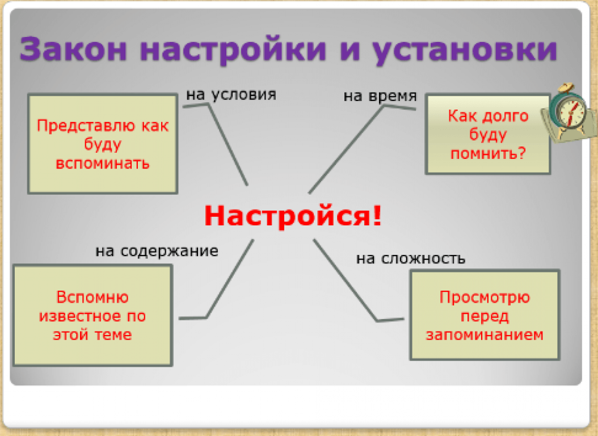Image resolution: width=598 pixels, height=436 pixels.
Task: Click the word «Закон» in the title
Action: point(73,49)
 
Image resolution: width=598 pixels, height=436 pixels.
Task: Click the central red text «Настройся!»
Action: point(293,216)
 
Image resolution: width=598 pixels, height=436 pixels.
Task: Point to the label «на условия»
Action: point(231,95)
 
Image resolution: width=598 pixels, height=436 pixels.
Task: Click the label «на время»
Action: point(380,96)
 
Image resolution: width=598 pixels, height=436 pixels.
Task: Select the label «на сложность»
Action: point(411,259)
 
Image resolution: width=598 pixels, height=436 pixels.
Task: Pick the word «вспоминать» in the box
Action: point(103,163)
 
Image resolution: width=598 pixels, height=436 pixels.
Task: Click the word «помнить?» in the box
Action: point(488,153)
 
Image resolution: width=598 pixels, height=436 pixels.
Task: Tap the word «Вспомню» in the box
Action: point(92,297)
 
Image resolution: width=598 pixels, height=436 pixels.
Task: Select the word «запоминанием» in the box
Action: point(485,335)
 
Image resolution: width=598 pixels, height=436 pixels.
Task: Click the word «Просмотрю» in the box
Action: point(485,297)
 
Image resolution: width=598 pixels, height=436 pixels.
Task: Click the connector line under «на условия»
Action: point(228,145)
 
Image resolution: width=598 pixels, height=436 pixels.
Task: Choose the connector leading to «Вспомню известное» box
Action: point(229,279)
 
